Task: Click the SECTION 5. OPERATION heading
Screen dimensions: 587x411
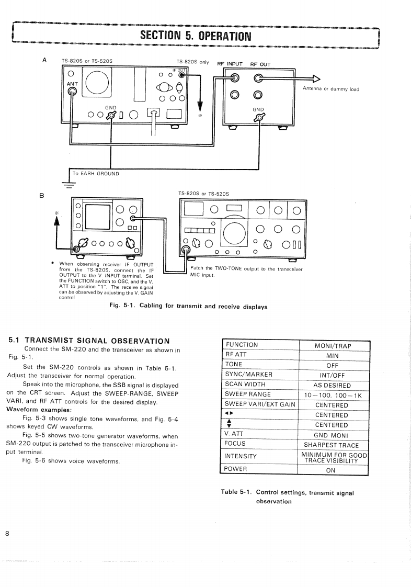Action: click(196, 36)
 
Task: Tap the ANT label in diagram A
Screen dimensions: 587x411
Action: click(72, 83)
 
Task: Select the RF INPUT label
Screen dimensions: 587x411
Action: click(230, 64)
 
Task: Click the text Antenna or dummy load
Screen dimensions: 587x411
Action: click(331, 89)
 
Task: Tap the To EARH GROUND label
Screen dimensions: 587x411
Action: click(96, 174)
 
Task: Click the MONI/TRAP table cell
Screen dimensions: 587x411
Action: click(333, 346)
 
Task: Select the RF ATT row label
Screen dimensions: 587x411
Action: click(235, 355)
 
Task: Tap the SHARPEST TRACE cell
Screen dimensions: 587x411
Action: click(333, 445)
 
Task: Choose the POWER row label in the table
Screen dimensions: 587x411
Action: click(236, 469)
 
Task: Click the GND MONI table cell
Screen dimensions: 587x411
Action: click(333, 435)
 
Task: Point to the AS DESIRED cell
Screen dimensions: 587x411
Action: click(333, 386)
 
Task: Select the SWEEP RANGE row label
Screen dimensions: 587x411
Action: click(248, 394)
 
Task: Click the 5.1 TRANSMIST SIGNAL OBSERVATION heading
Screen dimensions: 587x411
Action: click(89, 341)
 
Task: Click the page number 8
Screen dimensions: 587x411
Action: click(7, 533)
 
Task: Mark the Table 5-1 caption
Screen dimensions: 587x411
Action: click(287, 496)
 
